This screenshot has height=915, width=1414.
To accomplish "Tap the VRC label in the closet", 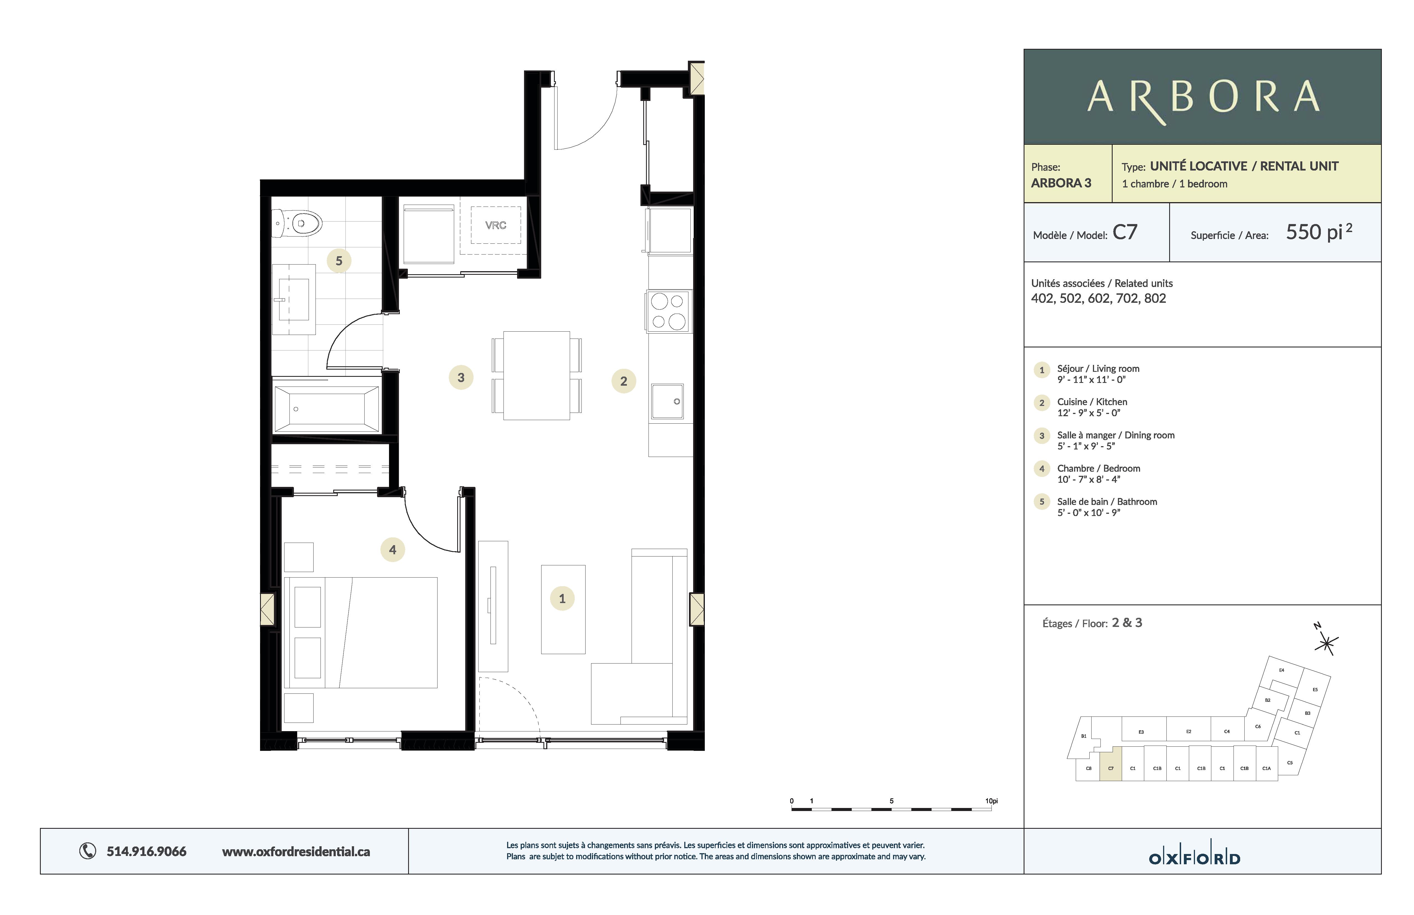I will click(x=495, y=225).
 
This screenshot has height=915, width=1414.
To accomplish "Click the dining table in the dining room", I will click(x=536, y=375).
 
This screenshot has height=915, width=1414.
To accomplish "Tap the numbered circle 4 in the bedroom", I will click(x=392, y=550).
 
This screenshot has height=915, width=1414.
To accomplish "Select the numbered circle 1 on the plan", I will click(x=562, y=598).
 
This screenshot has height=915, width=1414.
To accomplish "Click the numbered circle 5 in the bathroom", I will click(x=339, y=261).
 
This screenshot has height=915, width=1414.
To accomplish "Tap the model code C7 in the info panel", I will click(x=1125, y=232).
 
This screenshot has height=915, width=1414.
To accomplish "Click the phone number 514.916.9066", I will click(x=146, y=852).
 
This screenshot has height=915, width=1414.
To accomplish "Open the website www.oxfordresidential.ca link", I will click(x=296, y=852).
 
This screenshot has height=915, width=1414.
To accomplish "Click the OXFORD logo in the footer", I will click(x=1194, y=858).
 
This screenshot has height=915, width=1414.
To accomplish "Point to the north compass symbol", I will click(x=1326, y=642).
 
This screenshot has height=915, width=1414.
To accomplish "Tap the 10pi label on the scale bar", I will click(x=991, y=801).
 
